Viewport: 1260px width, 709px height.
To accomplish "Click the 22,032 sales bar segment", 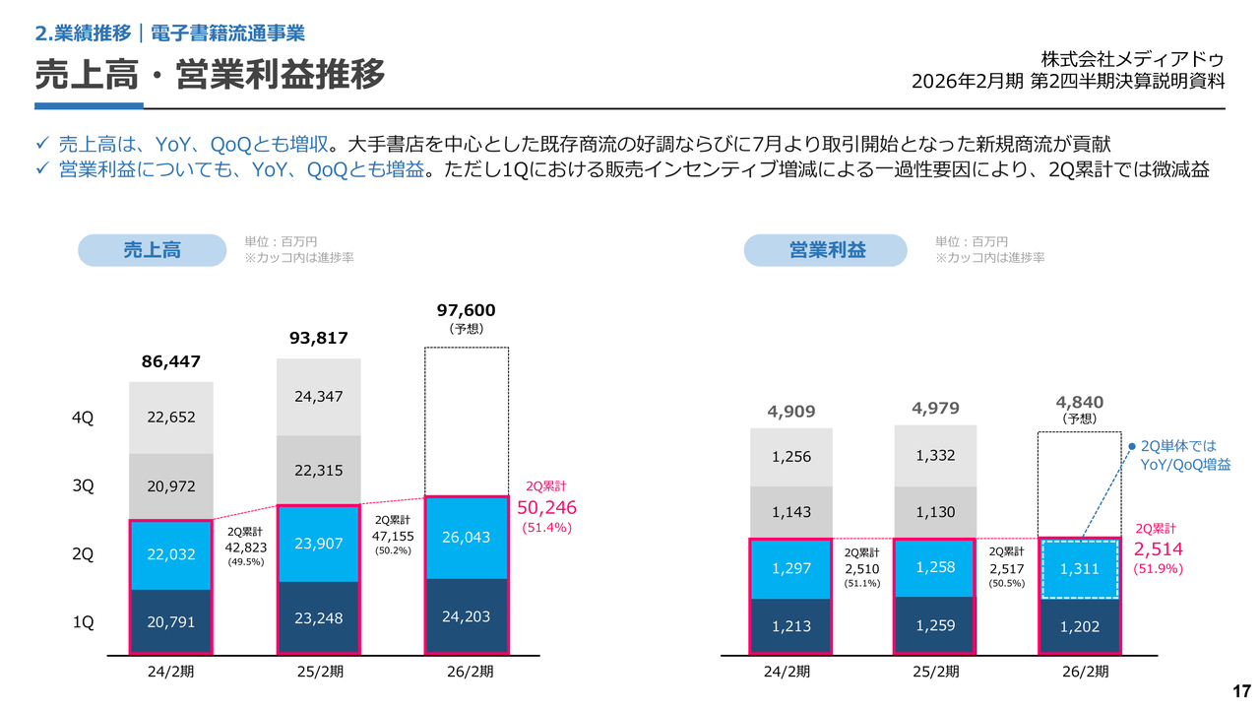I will [170, 554].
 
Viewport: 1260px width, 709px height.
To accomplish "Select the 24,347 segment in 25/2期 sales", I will [319, 397].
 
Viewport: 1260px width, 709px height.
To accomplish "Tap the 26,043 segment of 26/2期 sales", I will [467, 538].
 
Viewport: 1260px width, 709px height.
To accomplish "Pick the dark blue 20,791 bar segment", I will [170, 621].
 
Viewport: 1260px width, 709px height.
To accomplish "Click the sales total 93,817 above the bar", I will [319, 338].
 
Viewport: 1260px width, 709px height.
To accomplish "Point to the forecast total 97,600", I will [466, 310].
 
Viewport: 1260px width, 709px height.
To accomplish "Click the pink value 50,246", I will [546, 508].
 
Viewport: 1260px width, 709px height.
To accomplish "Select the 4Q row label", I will [83, 418].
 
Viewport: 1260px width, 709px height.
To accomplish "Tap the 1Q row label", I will [83, 622].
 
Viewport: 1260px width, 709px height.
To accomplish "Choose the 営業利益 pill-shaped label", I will [825, 250].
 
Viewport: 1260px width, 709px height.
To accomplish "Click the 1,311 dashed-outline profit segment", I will [1080, 569].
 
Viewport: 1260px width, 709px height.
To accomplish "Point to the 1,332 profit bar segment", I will [935, 456].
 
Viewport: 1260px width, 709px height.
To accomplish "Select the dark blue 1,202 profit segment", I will [1080, 626].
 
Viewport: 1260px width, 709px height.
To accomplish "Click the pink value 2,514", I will [1159, 549].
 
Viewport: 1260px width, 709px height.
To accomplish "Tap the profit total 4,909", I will [790, 411].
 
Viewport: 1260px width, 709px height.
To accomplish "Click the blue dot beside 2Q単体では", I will [1132, 446].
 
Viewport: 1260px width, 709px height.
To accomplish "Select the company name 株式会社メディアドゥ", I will [1132, 58].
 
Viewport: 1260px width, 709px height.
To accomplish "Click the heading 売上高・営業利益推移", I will [210, 74].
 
